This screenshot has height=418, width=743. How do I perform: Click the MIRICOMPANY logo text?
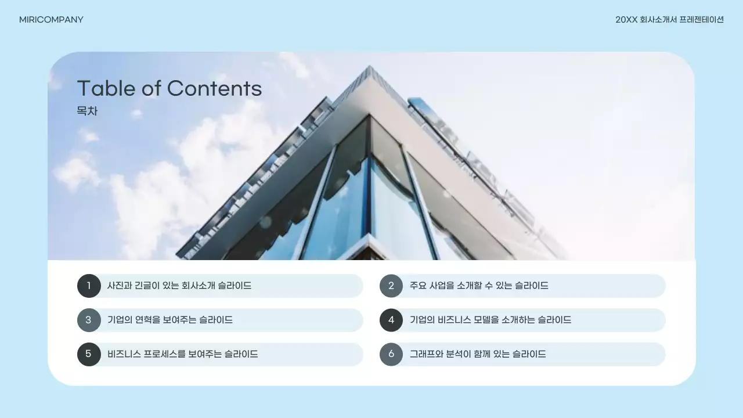[x=51, y=20]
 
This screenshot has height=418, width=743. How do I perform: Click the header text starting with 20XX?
[x=669, y=20]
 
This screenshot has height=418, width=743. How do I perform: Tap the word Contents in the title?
[x=214, y=88]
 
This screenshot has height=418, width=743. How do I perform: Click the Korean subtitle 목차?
[x=87, y=111]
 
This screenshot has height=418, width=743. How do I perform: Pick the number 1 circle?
[x=89, y=286]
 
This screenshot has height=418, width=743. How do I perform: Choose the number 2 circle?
[x=391, y=286]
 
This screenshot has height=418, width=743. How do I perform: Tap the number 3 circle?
[x=89, y=320]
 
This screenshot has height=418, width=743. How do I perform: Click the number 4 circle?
[x=391, y=320]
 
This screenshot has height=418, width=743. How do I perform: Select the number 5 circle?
[x=89, y=354]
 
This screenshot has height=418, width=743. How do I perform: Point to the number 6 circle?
[x=391, y=354]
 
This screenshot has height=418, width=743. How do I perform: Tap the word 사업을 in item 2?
[x=441, y=286]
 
